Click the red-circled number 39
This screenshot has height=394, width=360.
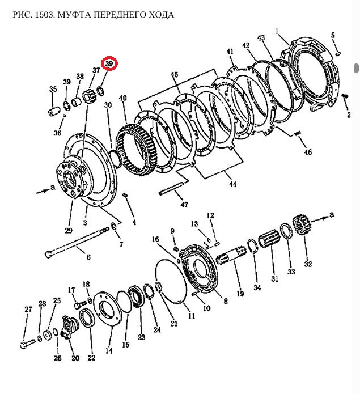tap(109, 64)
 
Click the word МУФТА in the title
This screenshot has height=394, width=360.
tap(74, 15)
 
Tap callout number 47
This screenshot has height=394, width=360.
tap(184, 205)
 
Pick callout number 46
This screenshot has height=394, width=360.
tap(308, 152)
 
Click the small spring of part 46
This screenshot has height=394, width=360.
tap(298, 134)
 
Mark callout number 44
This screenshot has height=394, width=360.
tap(232, 184)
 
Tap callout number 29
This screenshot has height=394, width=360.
tap(69, 230)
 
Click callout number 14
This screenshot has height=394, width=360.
tap(109, 350)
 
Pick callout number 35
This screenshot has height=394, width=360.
tap(53, 89)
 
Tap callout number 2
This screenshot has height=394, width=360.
tap(349, 115)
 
